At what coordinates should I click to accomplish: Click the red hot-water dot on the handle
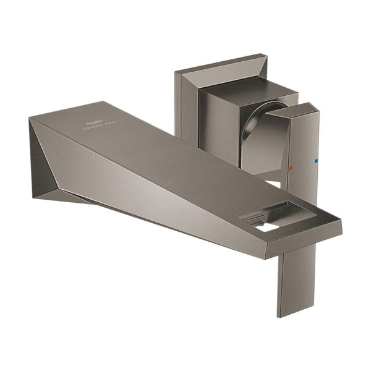(x=292, y=168)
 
